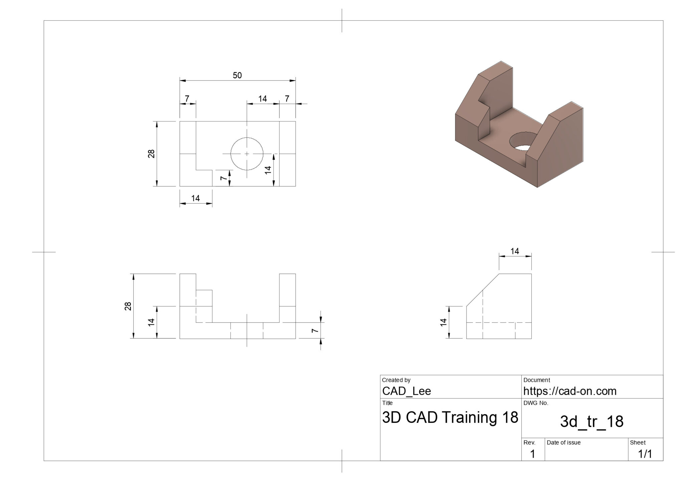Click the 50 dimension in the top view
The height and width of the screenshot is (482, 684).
237,75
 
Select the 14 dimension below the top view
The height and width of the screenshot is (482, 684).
195,198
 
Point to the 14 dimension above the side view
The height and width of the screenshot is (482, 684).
515,251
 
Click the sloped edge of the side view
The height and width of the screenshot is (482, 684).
483,290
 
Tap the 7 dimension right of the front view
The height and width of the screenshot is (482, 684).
314,330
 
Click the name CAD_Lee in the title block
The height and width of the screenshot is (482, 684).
406,391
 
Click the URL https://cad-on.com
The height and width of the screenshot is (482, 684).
570,391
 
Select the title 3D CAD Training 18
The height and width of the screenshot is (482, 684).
450,417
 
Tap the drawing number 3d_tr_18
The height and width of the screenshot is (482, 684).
591,422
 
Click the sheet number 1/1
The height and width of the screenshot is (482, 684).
645,454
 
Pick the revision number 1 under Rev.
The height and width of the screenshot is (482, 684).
532,454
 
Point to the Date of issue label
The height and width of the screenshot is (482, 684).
564,443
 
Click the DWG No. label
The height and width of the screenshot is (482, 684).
536,403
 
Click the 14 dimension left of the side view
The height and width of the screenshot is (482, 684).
443,322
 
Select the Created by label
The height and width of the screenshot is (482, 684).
396,380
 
